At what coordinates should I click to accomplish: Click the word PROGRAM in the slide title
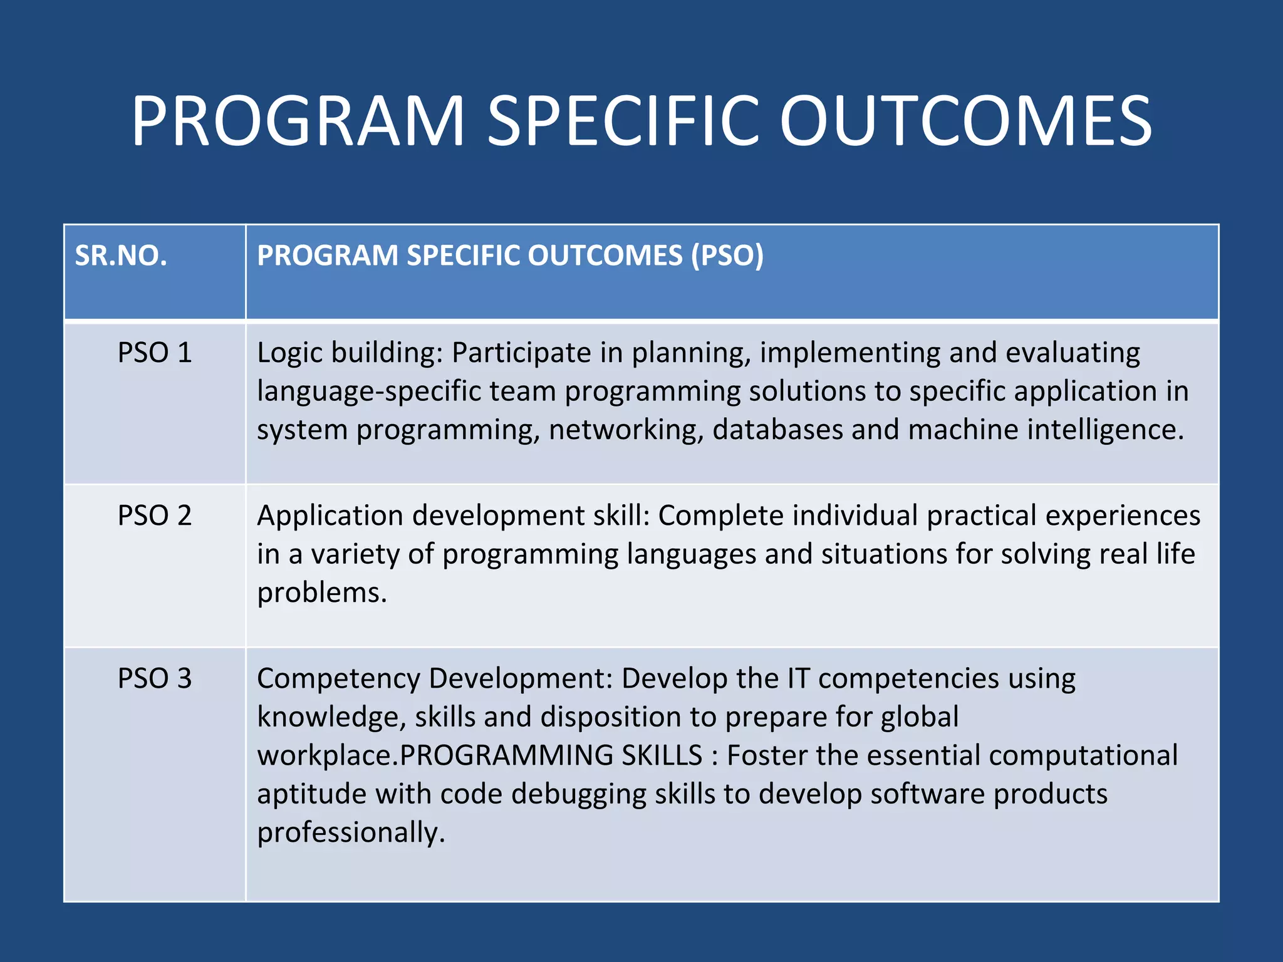298,121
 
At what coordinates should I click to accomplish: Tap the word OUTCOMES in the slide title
965,121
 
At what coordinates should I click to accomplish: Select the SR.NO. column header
121,256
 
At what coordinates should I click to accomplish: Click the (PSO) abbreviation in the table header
727,256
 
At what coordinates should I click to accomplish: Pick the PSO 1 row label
155,353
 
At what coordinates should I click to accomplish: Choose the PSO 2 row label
155,516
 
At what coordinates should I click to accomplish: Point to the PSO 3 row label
155,679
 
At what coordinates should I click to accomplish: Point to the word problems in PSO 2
321,593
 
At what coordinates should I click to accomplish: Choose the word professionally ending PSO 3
350,833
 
